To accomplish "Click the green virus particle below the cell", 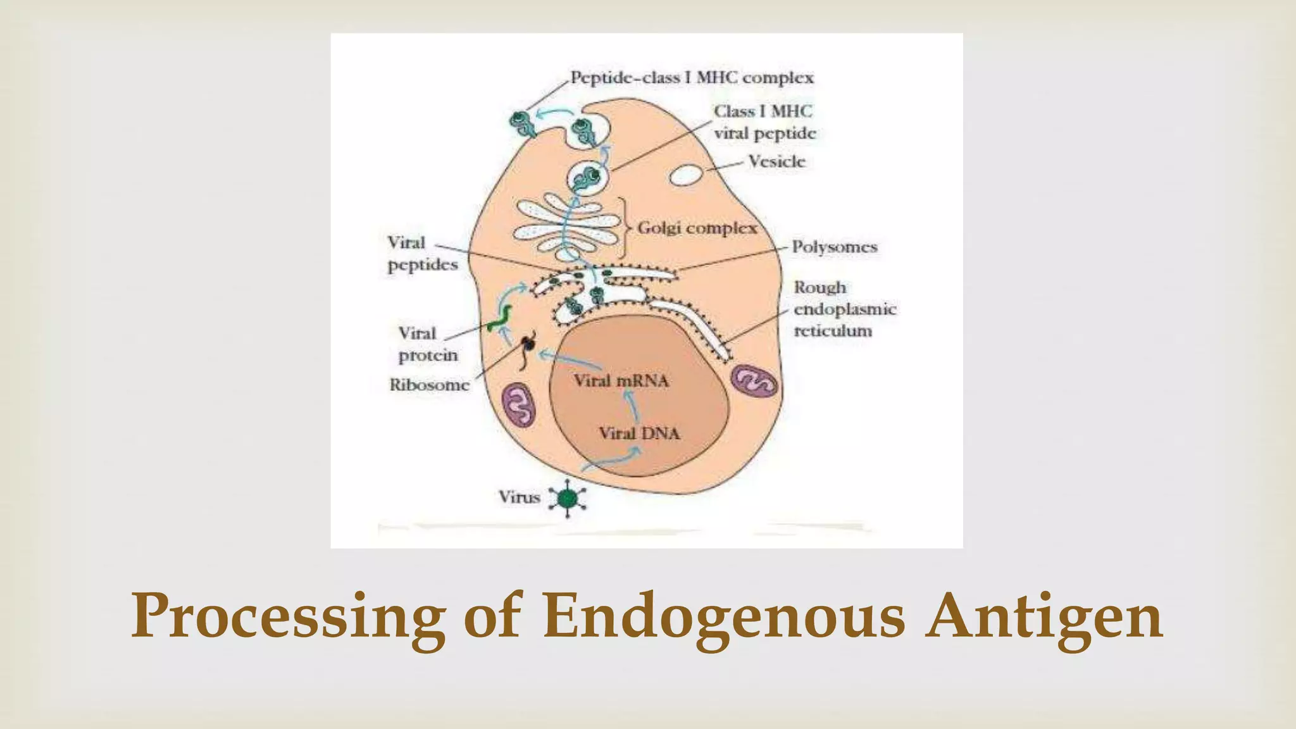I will point(568,499).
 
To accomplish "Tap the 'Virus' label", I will point(519,497).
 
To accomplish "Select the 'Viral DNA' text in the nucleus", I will point(639,433).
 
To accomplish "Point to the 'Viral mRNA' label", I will point(621,381).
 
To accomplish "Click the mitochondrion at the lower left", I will point(518,405).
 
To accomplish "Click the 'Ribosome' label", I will point(429,385).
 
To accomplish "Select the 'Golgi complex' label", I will point(697,228).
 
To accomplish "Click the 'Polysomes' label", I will point(835,247).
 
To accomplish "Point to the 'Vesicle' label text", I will point(776,162).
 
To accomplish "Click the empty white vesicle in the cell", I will point(685,175).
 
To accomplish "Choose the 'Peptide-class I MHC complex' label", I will point(692,78).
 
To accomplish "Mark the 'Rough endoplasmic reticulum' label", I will point(844,309).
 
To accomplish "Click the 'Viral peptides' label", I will point(422,254).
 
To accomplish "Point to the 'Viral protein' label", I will point(427,344).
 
